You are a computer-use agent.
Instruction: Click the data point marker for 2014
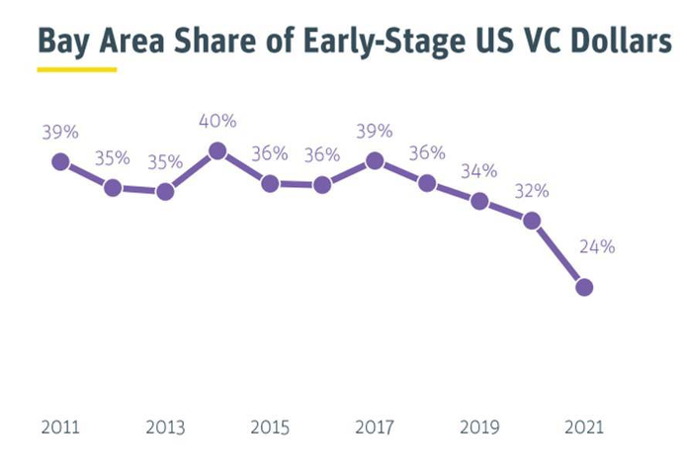pyautogui.click(x=217, y=151)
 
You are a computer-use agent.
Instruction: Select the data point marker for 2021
pyautogui.click(x=584, y=287)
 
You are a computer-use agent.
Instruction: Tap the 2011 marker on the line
pyautogui.click(x=60, y=161)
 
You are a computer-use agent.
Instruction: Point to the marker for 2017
pyautogui.click(x=375, y=161)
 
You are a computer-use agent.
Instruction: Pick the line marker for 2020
pyautogui.click(x=532, y=221)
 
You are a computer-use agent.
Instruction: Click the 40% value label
pyautogui.click(x=217, y=121)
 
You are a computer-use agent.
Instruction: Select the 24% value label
pyautogui.click(x=596, y=246)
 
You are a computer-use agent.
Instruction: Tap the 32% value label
pyautogui.click(x=530, y=191)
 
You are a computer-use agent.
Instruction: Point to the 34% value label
pyautogui.click(x=478, y=170)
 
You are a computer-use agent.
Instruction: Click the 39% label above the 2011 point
pyautogui.click(x=60, y=132)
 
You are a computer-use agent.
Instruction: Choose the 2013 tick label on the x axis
pyautogui.click(x=165, y=428)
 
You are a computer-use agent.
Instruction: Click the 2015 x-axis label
pyautogui.click(x=270, y=428)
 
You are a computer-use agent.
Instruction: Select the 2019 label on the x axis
pyautogui.click(x=479, y=428)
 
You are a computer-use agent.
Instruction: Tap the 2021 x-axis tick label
pyautogui.click(x=584, y=428)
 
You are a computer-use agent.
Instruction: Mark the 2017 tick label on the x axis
pyautogui.click(x=375, y=428)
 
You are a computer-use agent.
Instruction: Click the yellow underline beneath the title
pyautogui.click(x=76, y=70)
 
